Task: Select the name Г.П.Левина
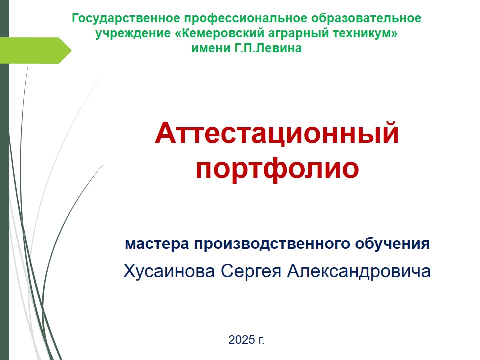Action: click(x=268, y=48)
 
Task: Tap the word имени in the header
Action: click(x=211, y=48)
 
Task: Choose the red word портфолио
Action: click(x=277, y=169)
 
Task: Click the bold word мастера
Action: click(x=157, y=244)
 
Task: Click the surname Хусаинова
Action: click(x=169, y=271)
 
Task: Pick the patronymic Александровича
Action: click(x=359, y=271)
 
